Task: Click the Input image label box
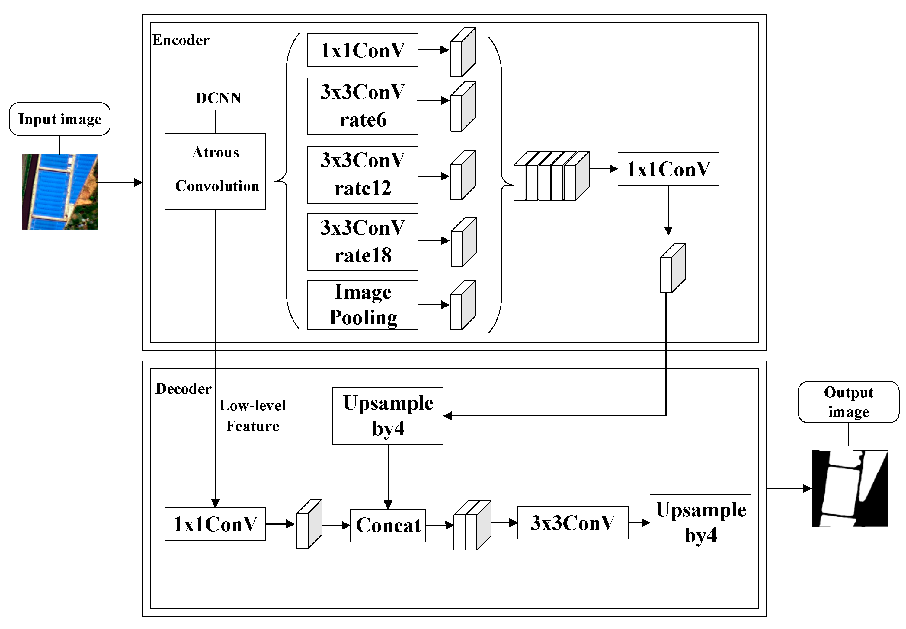(59, 119)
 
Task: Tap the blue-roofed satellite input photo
(59, 192)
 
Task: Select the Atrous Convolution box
(215, 171)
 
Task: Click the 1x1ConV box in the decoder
(215, 524)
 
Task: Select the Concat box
(388, 525)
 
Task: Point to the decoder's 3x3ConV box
(572, 523)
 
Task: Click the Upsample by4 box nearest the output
(700, 522)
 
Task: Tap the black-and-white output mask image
(849, 488)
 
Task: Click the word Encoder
(181, 40)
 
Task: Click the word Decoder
(184, 389)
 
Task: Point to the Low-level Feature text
(252, 415)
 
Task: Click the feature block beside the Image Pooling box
(463, 305)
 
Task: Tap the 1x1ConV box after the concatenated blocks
(668, 169)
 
